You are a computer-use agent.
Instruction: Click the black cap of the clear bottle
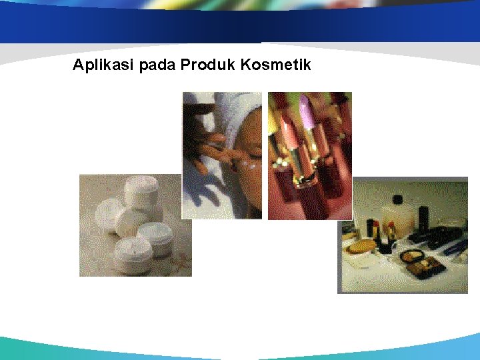click(399, 199)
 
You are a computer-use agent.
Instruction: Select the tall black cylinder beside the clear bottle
click(423, 217)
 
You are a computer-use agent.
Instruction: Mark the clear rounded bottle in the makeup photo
click(399, 217)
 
